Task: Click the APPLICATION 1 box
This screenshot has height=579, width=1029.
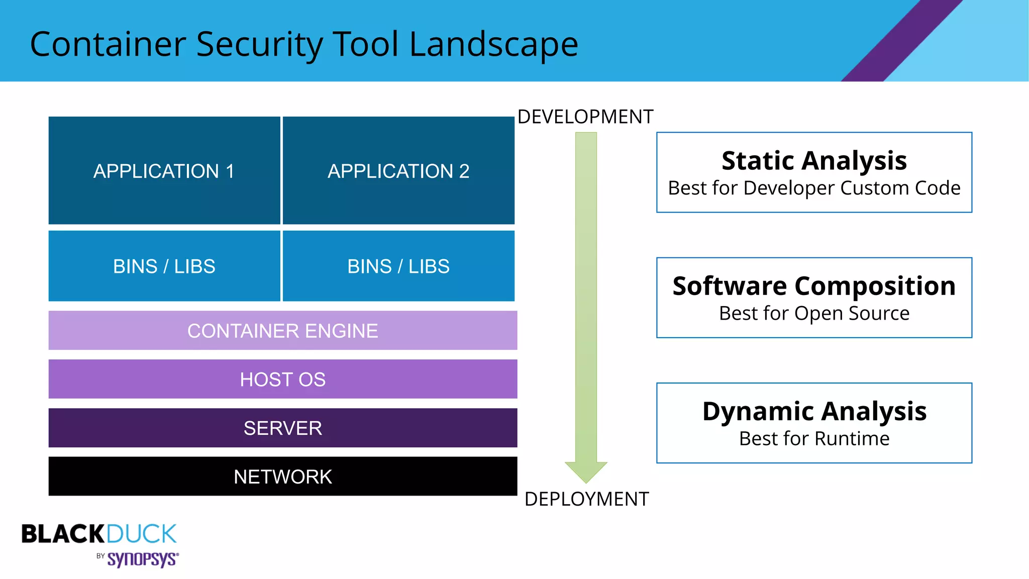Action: [164, 171]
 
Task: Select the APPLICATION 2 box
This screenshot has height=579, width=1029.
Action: [398, 171]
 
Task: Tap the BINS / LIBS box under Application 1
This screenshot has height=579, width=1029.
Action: [164, 266]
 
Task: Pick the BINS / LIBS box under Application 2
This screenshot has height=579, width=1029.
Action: [398, 266]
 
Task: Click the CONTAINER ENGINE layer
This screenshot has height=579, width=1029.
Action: [282, 331]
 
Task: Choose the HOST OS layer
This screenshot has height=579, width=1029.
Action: [282, 379]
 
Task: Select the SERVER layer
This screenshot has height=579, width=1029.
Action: [282, 428]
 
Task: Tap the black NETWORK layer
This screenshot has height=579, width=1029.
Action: [282, 476]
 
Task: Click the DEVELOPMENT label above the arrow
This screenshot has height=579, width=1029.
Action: [585, 117]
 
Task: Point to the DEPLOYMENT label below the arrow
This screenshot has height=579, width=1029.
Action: [586, 499]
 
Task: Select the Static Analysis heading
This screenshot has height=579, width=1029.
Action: [814, 161]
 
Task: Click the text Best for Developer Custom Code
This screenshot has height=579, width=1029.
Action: [814, 188]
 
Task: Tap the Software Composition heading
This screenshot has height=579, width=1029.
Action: [814, 286]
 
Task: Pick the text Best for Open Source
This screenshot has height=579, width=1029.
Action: [814, 313]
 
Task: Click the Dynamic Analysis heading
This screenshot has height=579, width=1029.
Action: [814, 411]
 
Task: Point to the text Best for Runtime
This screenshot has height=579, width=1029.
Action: [814, 439]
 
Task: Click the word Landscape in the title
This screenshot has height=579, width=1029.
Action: [493, 44]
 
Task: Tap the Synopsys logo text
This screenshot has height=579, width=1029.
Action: [142, 559]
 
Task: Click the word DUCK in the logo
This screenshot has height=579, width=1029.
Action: [141, 534]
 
